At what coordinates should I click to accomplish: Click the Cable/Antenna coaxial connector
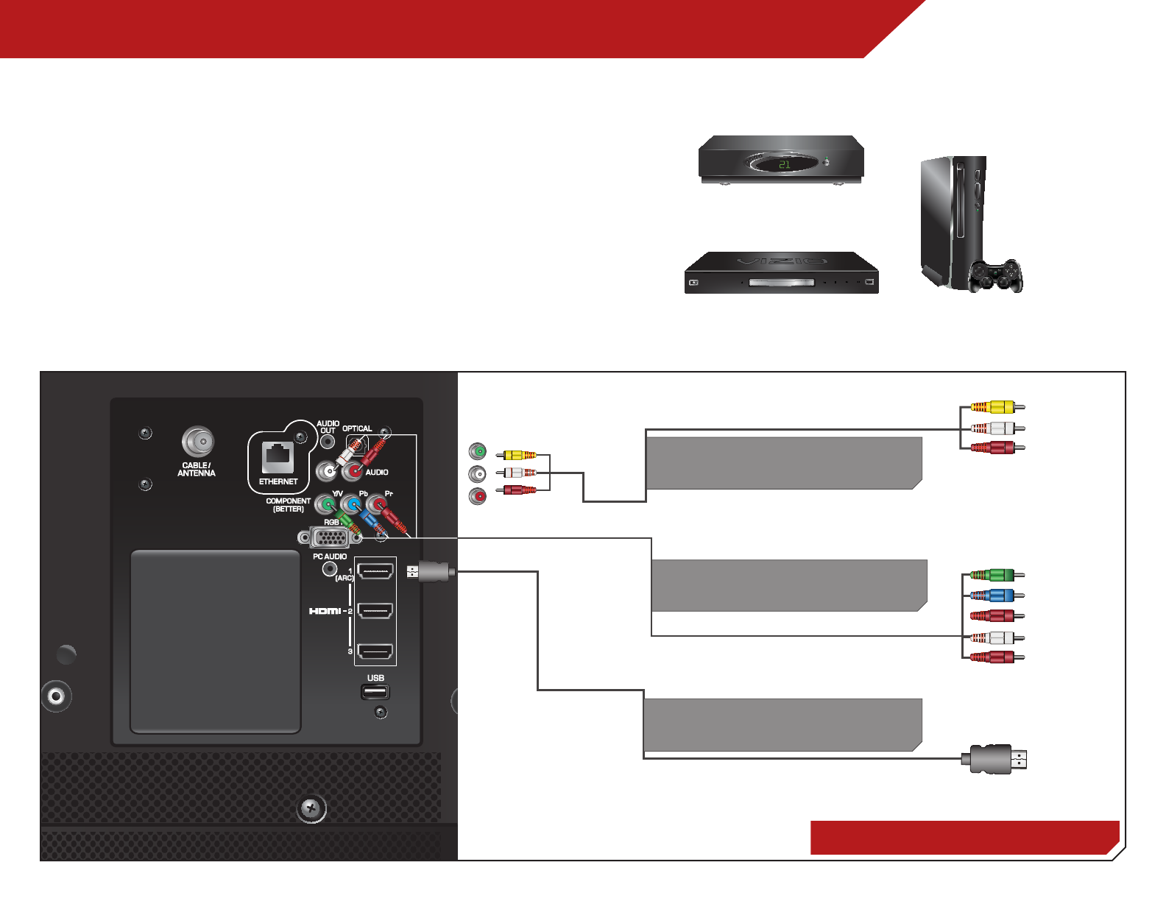tap(197, 442)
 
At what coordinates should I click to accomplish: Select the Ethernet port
tap(278, 457)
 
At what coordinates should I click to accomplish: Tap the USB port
tap(375, 692)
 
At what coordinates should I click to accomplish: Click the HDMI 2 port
tap(375, 611)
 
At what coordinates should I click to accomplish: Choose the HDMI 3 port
tap(375, 651)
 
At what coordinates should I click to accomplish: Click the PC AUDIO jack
tap(330, 569)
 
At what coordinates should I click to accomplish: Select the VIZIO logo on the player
tap(782, 261)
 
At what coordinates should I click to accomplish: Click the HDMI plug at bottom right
tap(994, 759)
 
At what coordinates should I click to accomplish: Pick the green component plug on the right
tap(994, 575)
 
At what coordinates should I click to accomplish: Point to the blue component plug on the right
tap(994, 596)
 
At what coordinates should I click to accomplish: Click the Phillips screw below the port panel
tap(311, 808)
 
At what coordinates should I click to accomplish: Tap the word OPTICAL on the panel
tap(357, 428)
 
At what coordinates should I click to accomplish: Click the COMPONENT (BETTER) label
tap(288, 505)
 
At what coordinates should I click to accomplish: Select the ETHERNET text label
tap(278, 481)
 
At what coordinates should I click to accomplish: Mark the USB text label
tap(375, 678)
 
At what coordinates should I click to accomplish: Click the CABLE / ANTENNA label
tap(197, 469)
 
